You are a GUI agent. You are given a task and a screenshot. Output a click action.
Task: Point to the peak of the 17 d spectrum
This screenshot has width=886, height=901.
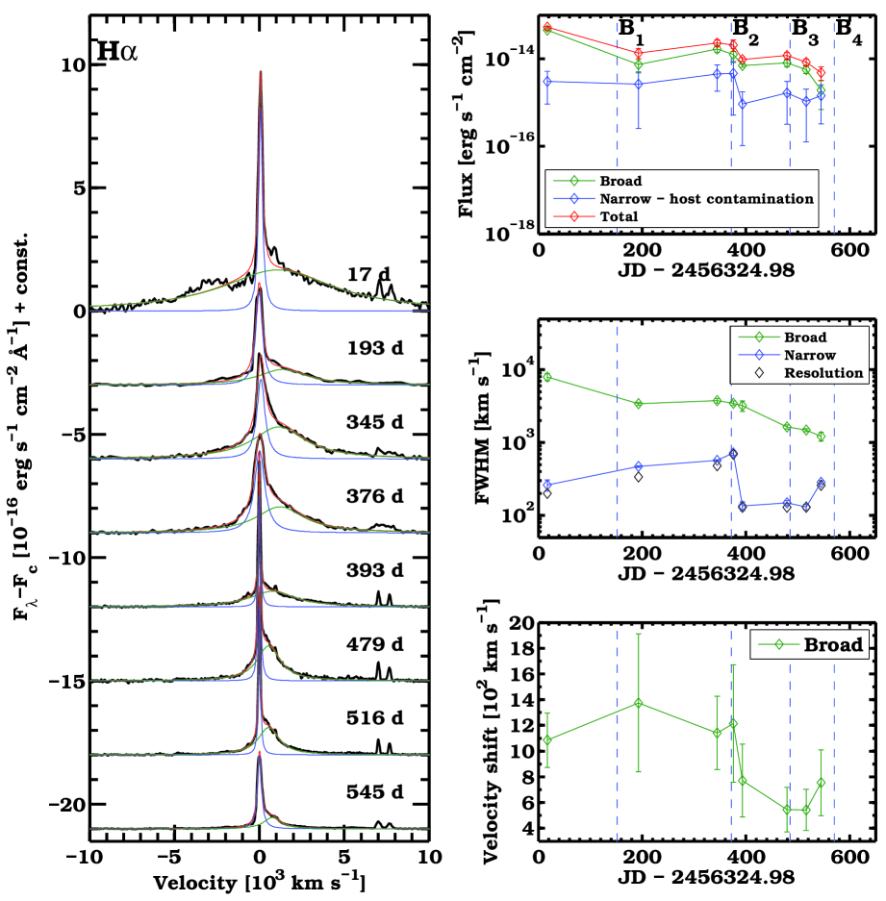click(260, 71)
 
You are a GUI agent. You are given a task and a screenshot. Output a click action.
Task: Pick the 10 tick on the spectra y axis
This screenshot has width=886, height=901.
click(73, 64)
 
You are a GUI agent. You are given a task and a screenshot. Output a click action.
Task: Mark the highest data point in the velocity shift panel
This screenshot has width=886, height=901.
click(639, 703)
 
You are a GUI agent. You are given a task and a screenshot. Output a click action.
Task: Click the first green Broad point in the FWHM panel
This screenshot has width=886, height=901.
click(547, 377)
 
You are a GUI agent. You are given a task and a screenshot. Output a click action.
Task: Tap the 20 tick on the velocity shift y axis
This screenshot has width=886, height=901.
click(520, 623)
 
